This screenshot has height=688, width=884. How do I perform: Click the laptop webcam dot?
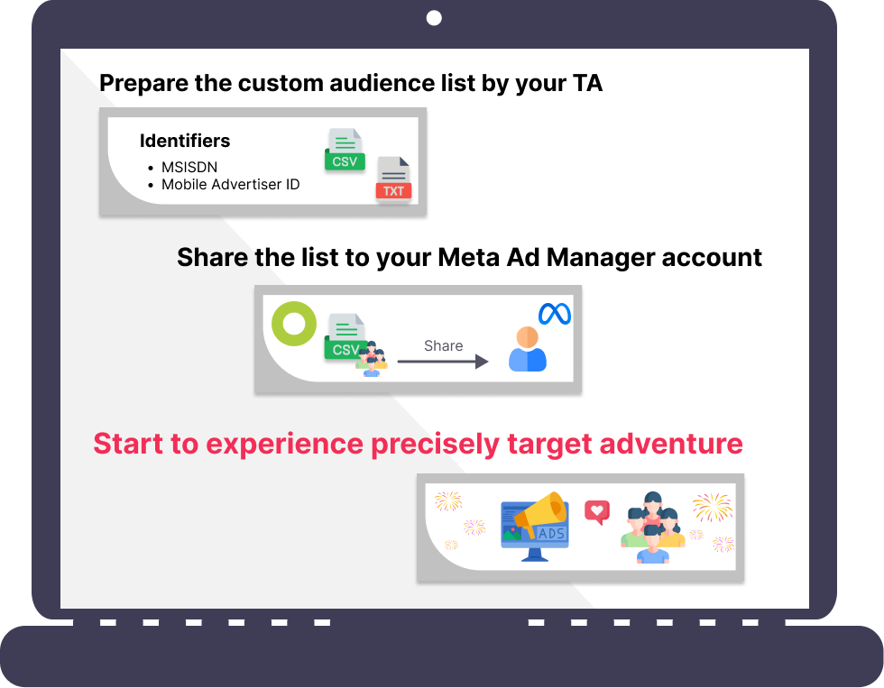pos(434,18)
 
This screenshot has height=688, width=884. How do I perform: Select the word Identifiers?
pos(185,141)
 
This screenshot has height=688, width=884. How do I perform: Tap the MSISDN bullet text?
pos(189,168)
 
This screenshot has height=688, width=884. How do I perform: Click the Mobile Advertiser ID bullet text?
pos(231,184)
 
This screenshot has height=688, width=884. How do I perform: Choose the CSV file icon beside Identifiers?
pos(345,150)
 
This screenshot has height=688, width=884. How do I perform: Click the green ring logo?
pos(294,324)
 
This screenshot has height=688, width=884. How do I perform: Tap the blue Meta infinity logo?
pos(555,314)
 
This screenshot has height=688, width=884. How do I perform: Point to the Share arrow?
pos(443,362)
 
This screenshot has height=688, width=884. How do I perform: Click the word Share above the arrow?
pos(444,345)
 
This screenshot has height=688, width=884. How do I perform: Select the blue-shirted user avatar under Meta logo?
pos(527,349)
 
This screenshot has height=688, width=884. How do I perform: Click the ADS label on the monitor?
pos(551,533)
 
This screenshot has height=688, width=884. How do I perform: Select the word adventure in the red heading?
pos(671,444)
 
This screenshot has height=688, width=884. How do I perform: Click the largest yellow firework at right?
pos(713,507)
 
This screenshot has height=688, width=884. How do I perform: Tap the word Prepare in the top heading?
pos(143,83)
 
